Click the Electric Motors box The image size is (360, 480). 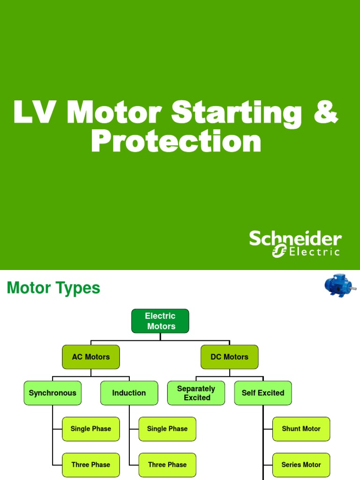click(x=160, y=321)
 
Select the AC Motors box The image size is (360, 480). click(x=91, y=357)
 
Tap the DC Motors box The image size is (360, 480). click(x=229, y=357)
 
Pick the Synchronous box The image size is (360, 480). click(x=52, y=393)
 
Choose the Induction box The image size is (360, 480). click(x=129, y=393)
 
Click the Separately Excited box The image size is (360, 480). click(x=196, y=393)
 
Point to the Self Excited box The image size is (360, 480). click(x=263, y=393)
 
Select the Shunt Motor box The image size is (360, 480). click(x=301, y=429)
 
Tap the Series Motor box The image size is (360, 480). click(x=301, y=465)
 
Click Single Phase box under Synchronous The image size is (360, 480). click(x=91, y=429)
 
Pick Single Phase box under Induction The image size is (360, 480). click(x=167, y=429)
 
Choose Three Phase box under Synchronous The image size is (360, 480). click(x=91, y=465)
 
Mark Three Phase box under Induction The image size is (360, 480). click(x=167, y=465)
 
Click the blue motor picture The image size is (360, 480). click(x=339, y=286)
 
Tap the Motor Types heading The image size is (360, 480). click(x=53, y=288)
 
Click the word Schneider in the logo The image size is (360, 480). click(x=295, y=239)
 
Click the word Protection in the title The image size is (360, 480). click(x=176, y=142)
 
